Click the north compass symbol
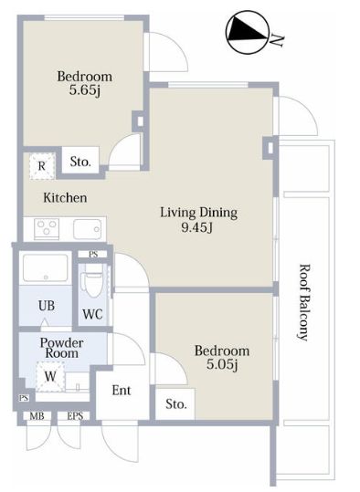click(248, 32)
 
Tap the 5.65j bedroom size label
click(85, 90)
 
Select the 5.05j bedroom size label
click(222, 364)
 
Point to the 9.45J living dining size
click(197, 227)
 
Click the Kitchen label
click(65, 198)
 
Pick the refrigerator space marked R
click(42, 166)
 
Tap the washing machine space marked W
click(50, 376)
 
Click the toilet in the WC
click(93, 280)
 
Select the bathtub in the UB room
click(46, 268)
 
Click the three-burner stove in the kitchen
click(47, 229)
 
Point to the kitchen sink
click(88, 229)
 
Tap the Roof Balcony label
click(304, 302)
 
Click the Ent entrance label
click(122, 391)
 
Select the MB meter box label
click(37, 416)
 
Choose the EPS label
click(75, 416)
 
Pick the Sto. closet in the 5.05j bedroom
click(175, 403)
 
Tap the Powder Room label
click(62, 348)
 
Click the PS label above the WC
click(93, 255)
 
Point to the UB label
click(47, 306)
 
